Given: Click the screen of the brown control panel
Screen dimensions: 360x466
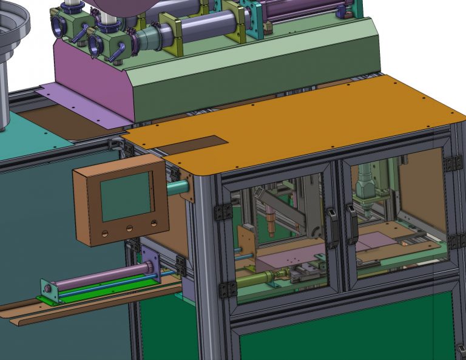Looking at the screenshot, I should point(126,196).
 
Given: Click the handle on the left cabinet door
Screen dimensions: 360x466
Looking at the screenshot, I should point(333,227).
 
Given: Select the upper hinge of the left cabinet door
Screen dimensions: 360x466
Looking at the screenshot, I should point(223,212).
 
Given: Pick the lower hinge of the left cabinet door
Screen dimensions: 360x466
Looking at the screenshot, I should point(228,289).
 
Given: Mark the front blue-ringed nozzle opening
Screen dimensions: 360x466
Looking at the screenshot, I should point(95,44).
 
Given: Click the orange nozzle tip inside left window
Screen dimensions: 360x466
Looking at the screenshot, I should point(271,225).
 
